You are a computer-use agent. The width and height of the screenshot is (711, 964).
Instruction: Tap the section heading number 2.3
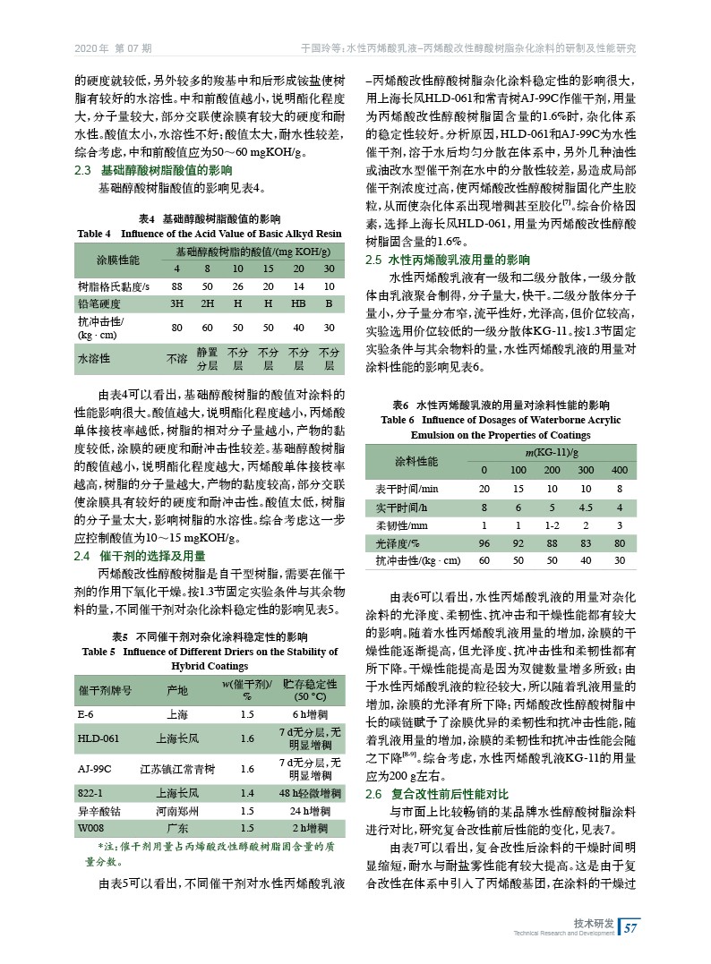point(84,170)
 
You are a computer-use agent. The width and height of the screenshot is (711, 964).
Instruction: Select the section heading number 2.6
point(375,794)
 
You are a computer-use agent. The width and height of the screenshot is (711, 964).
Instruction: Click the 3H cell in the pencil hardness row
point(177,303)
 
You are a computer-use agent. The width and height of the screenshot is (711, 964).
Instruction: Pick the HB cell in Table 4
point(298,303)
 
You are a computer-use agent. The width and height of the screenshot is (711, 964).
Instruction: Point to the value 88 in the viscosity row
point(177,286)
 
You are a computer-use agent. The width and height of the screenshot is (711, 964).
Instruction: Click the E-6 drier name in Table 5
point(87,715)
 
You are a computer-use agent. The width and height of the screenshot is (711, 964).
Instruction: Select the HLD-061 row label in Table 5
point(99,739)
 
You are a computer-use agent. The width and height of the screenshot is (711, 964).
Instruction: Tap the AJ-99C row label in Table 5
point(95,768)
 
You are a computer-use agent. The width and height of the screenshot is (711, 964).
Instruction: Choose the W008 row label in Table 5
point(91,828)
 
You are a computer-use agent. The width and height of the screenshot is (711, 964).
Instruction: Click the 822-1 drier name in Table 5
point(91,794)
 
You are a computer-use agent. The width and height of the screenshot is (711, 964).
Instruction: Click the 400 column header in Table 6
point(619,470)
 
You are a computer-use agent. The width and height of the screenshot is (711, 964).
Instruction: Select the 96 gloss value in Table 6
point(484,543)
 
